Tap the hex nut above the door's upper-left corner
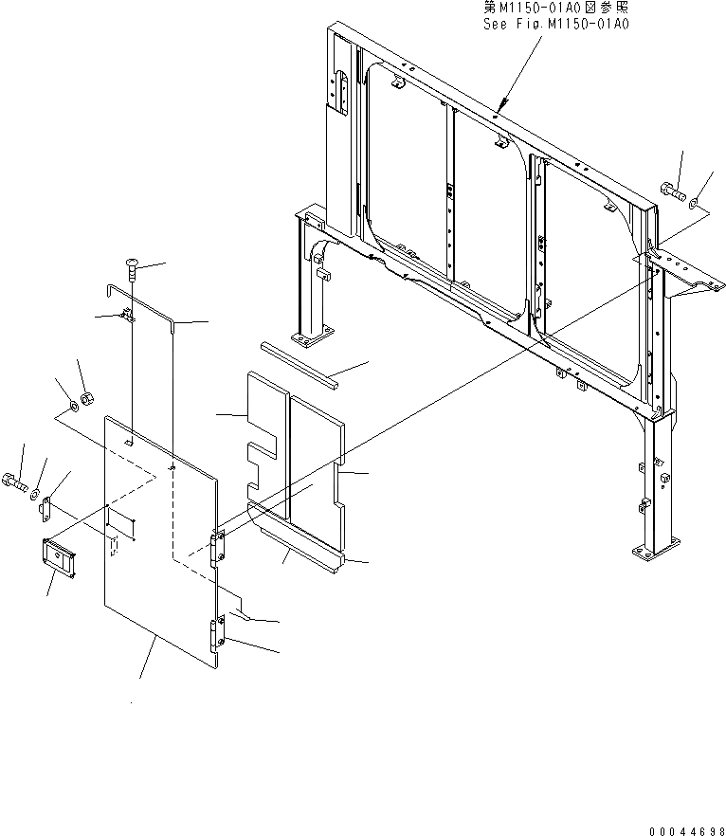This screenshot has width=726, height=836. click(86, 397)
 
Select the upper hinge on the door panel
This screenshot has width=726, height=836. click(218, 547)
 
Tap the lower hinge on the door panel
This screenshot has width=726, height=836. click(218, 632)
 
